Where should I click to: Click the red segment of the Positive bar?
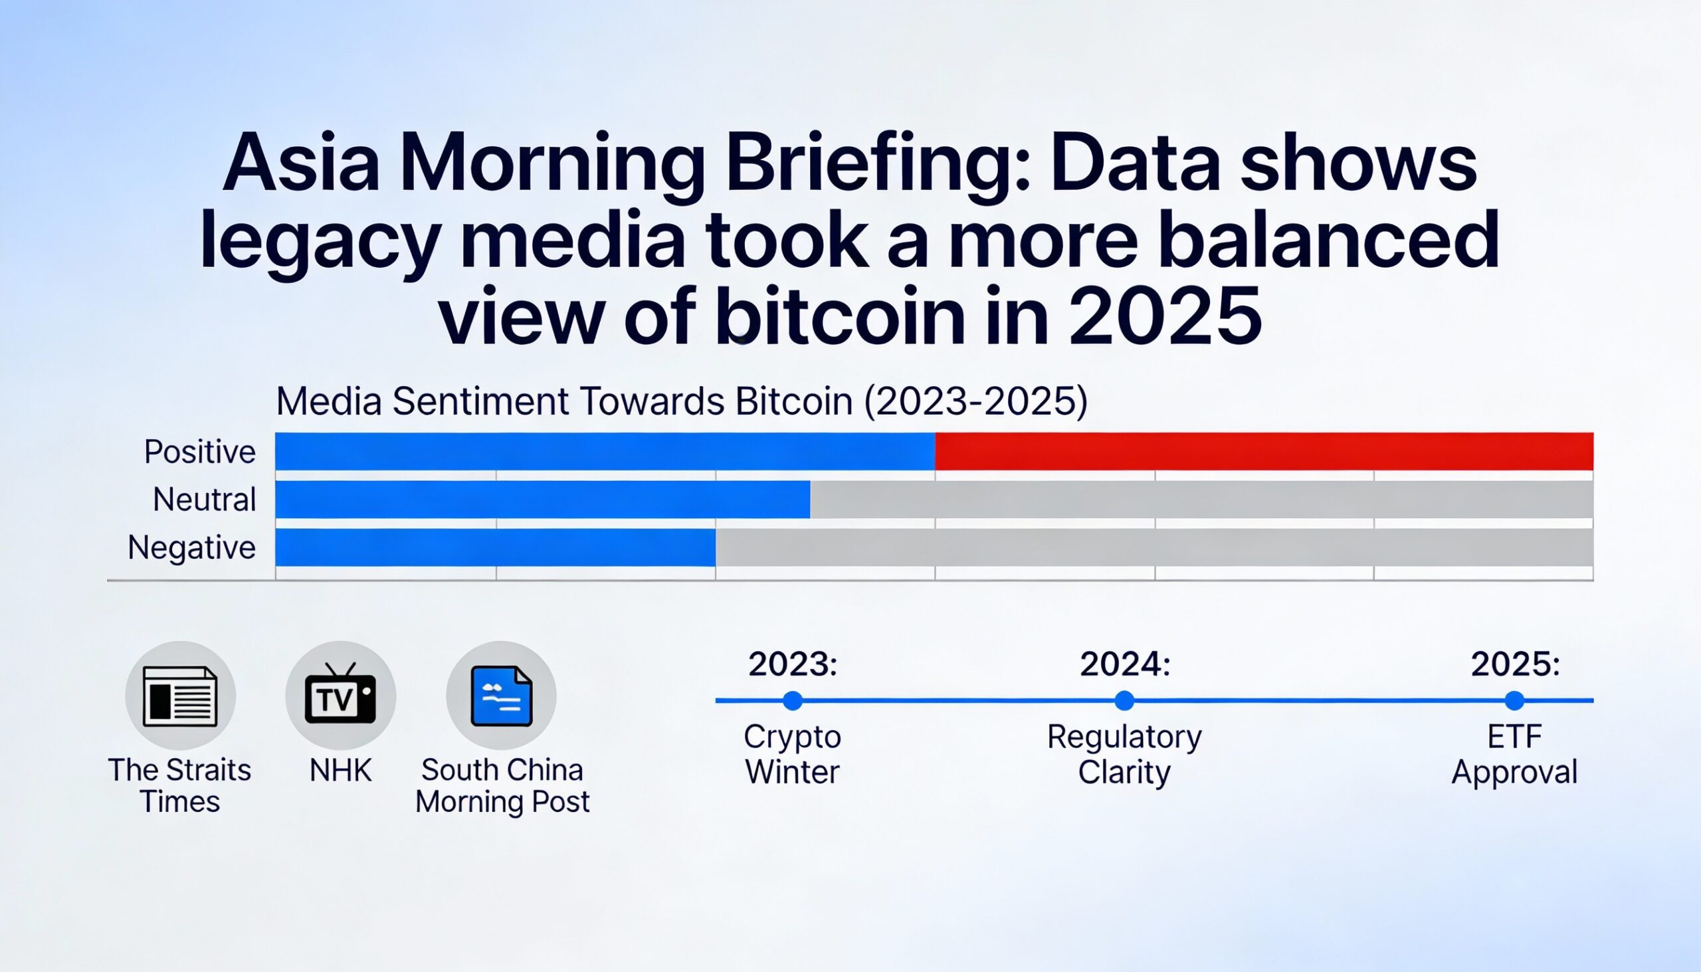1264,451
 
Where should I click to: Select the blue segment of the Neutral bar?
542,500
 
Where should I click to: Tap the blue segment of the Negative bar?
494,547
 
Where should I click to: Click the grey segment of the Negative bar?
1153,547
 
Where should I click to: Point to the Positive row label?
199,452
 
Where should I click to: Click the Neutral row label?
204,500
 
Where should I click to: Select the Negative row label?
191,547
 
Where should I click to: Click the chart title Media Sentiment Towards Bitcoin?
681,402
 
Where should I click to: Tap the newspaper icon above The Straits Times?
180,696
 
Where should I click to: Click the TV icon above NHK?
340,696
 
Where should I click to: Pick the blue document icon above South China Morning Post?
502,696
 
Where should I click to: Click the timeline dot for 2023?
793,701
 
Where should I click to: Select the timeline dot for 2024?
1124,701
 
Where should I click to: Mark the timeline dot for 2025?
1514,701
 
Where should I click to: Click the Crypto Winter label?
793,754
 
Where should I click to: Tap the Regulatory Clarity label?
1124,754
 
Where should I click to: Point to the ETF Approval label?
1514,754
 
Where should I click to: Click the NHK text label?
340,771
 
